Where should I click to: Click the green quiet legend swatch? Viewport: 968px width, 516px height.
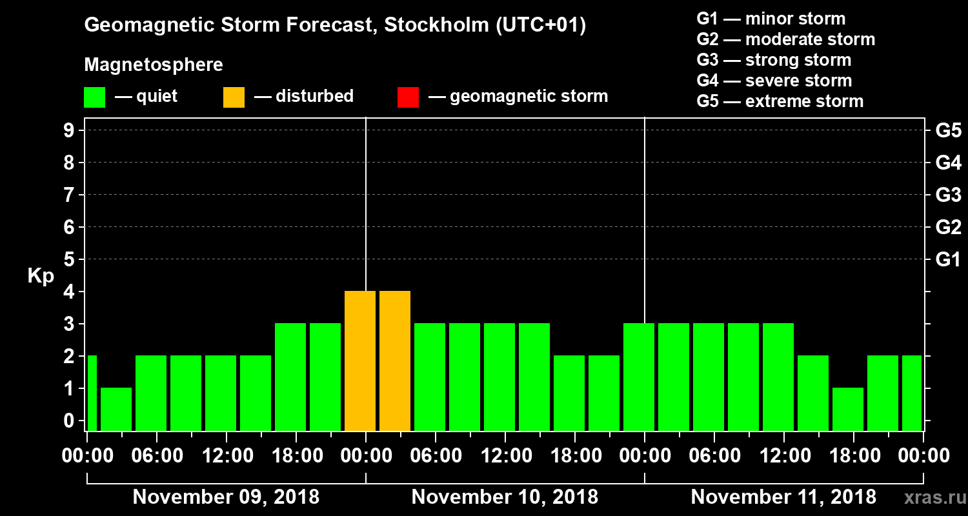95,97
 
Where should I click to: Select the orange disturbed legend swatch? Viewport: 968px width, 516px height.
234,97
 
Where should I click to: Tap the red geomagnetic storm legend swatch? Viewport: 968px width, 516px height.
408,97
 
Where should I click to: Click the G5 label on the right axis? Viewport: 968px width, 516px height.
948,131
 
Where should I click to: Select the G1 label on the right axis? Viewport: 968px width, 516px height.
948,260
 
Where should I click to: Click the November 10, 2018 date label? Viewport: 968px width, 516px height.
505,497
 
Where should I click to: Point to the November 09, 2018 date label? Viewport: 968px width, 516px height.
226,497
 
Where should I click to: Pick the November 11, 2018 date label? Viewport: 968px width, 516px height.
783,497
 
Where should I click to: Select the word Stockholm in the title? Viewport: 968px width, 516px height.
437,26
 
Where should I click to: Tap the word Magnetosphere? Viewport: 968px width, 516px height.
154,65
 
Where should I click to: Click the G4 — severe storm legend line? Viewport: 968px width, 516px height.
774,81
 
